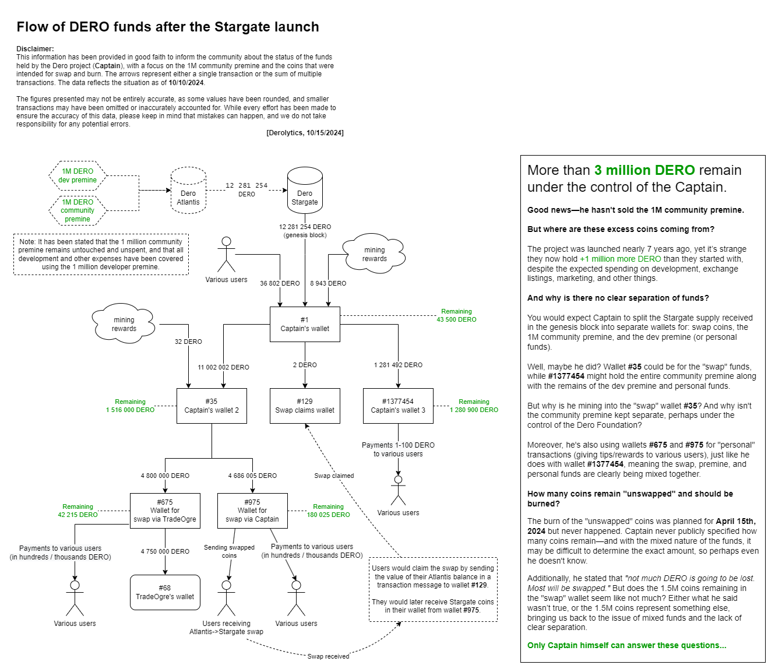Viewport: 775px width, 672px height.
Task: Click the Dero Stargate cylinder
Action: point(305,191)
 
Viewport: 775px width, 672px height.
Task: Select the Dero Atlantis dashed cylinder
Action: point(188,192)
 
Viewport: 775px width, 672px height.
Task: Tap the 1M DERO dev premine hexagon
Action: point(77,175)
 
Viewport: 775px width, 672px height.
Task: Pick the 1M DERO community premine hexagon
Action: point(77,210)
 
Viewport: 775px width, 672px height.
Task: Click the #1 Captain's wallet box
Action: point(305,324)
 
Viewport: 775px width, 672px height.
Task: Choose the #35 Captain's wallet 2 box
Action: point(212,406)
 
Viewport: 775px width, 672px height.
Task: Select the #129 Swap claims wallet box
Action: point(305,406)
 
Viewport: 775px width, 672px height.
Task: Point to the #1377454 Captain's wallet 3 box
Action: point(398,406)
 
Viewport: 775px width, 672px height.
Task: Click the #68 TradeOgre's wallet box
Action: point(165,592)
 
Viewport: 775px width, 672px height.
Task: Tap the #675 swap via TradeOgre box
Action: point(165,511)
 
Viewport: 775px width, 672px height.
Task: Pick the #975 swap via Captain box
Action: point(252,511)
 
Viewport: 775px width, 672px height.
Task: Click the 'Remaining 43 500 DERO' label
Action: point(456,315)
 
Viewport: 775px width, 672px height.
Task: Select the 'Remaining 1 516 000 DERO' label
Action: point(130,406)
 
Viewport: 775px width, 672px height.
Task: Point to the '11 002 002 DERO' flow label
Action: point(223,367)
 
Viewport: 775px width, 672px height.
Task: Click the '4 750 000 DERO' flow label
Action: point(165,551)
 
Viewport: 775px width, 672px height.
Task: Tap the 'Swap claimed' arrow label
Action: point(334,476)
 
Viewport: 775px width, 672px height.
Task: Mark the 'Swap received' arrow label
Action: point(328,656)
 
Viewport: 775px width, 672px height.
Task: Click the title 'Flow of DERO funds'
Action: point(168,27)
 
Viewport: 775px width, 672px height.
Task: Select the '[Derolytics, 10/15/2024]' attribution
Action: point(305,133)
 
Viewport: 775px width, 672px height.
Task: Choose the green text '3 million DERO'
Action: point(644,170)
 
